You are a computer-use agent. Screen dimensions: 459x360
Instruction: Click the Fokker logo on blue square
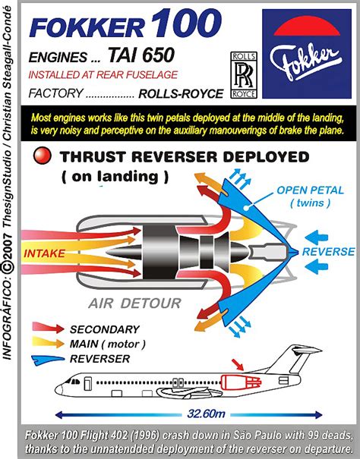point(305,54)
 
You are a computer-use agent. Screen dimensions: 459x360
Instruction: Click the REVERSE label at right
point(327,251)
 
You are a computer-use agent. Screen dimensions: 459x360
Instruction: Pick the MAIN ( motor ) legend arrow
point(47,344)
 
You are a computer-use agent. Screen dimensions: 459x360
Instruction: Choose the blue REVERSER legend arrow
point(47,358)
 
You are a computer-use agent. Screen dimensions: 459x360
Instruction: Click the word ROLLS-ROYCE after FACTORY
point(182,95)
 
